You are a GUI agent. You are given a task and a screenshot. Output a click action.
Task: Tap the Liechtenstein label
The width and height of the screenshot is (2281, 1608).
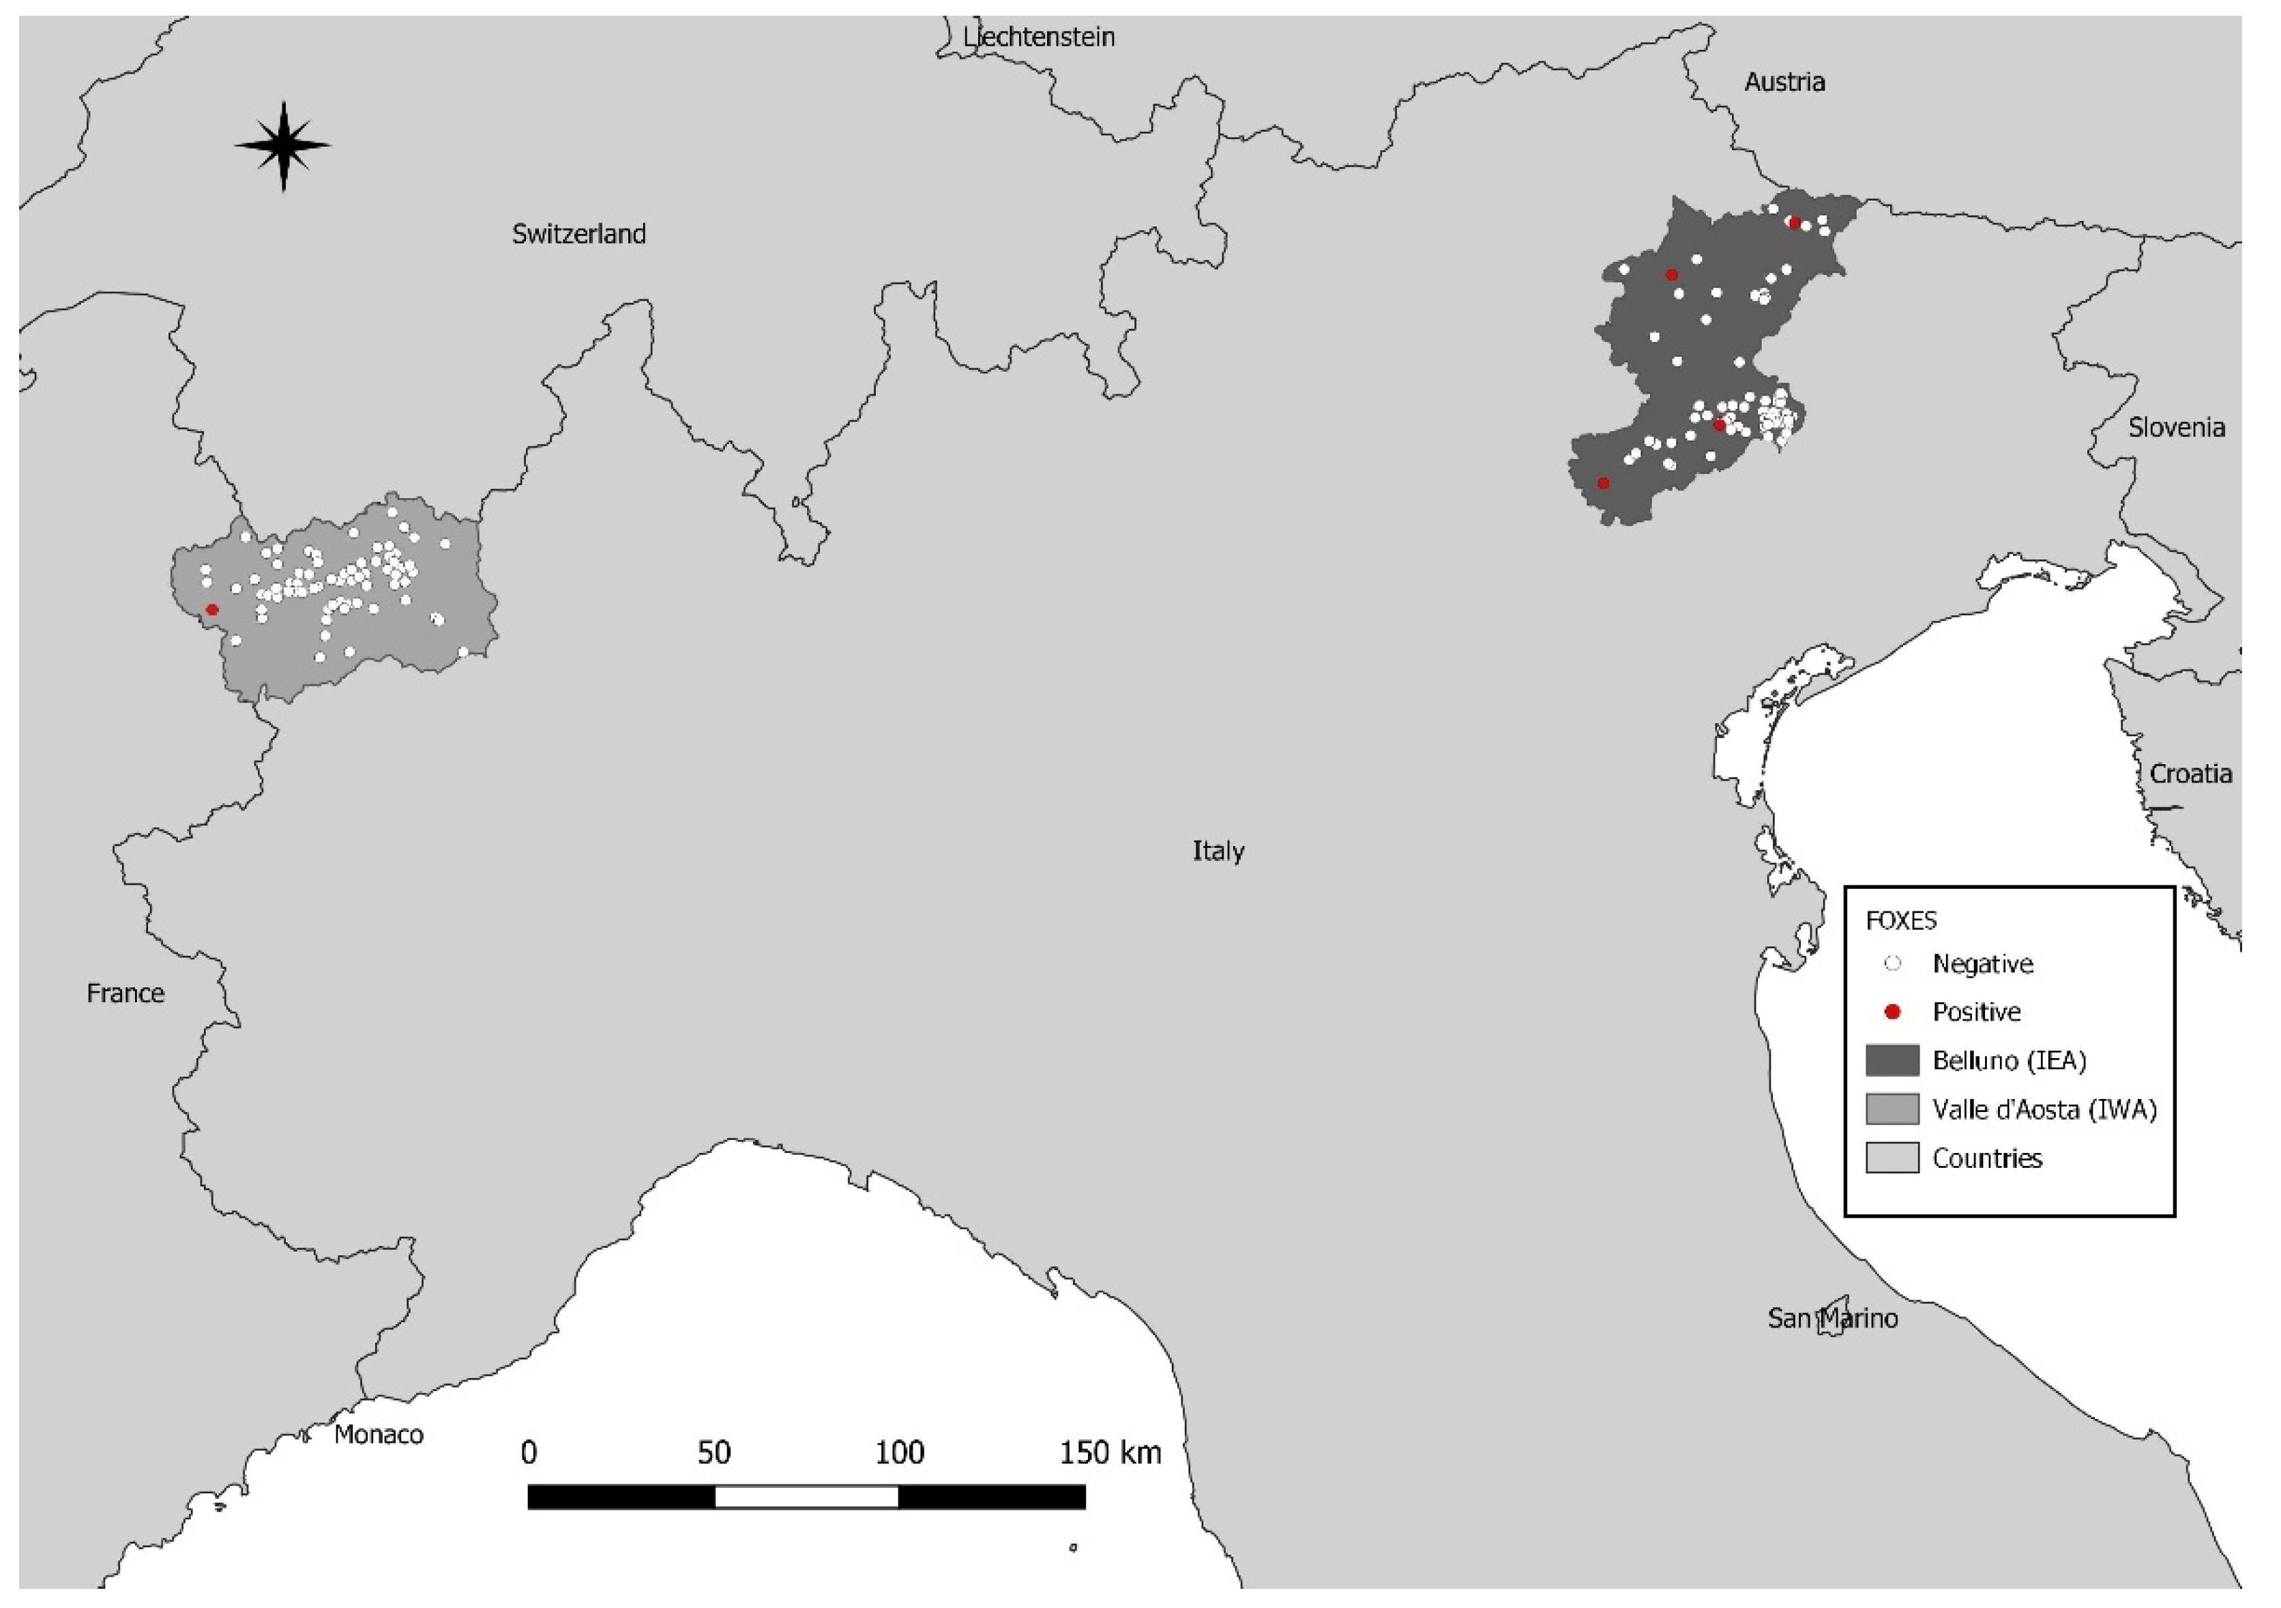click(1038, 37)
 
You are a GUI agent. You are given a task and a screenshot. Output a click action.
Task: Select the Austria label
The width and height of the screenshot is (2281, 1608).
click(1784, 81)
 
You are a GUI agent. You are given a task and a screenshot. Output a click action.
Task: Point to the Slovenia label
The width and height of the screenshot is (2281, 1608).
click(2176, 427)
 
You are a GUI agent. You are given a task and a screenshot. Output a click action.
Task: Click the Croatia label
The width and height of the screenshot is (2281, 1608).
click(2190, 773)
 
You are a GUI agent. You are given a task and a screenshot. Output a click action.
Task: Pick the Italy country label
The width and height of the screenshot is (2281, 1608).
click(1218, 851)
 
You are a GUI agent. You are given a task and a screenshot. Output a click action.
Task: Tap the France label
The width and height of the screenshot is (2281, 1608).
click(126, 993)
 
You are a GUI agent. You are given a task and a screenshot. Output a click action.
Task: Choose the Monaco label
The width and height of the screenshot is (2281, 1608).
click(379, 1434)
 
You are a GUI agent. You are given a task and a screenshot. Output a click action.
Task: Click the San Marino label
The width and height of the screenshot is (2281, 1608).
click(1832, 1318)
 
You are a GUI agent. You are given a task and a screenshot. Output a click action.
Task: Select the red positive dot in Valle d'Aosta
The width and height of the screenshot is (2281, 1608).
click(211, 609)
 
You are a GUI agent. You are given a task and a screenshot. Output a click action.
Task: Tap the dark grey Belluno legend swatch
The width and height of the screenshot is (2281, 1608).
click(1892, 1060)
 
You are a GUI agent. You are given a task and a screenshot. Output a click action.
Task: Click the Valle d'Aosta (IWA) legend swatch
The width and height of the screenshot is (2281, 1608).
click(1892, 1109)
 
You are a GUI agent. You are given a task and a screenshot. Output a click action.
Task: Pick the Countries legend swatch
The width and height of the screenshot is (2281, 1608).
click(1892, 1158)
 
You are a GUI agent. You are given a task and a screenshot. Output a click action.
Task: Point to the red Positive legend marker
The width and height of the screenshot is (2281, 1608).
click(1893, 1012)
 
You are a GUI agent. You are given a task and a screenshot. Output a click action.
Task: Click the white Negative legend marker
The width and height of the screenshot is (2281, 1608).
click(1893, 963)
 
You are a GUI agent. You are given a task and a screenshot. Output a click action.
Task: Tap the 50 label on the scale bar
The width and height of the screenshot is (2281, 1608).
click(713, 1453)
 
